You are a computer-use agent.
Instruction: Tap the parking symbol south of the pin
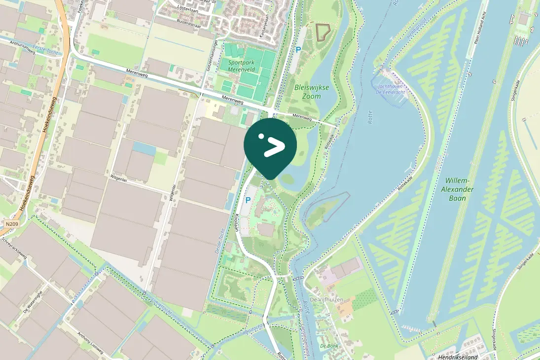(x=248, y=200)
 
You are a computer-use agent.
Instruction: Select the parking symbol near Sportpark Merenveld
(x=297, y=49)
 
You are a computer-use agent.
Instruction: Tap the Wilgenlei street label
(x=119, y=176)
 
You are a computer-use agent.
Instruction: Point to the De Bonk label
(x=328, y=346)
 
